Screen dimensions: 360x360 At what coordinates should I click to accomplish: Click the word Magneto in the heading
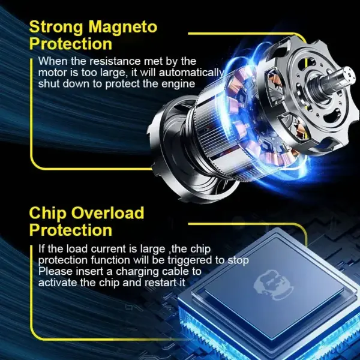click(123, 28)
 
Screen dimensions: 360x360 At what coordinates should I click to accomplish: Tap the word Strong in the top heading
click(56, 28)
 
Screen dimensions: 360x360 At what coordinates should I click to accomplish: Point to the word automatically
click(191, 73)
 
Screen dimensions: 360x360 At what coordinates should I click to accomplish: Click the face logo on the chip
click(273, 284)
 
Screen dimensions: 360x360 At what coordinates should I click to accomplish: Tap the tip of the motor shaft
click(349, 73)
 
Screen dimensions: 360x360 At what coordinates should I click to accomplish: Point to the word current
click(112, 249)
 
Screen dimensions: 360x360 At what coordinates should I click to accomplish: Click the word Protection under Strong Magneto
click(71, 44)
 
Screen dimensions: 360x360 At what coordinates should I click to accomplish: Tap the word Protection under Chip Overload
click(71, 230)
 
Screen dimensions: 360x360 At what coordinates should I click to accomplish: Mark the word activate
click(58, 283)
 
